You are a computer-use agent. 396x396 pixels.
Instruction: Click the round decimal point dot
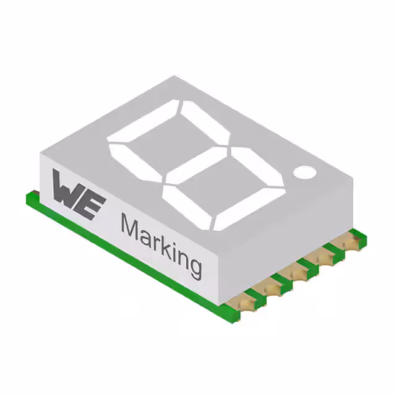pos(304,171)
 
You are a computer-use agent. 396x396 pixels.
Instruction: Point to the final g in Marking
pos(193,267)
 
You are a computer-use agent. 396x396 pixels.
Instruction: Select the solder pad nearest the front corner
pos(246,301)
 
